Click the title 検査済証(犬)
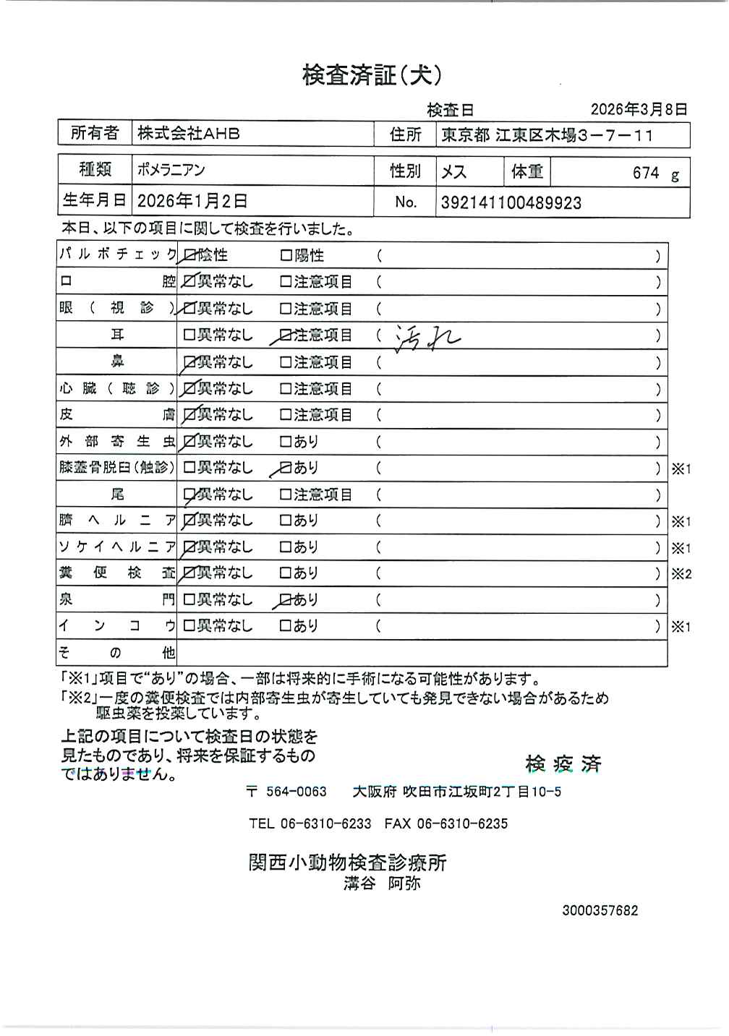(372, 75)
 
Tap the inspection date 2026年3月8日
(638, 109)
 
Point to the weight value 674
(646, 173)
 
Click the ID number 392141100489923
(511, 203)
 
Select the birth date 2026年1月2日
(192, 200)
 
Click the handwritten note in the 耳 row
(427, 336)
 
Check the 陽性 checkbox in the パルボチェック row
(286, 255)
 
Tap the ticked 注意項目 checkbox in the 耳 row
(286, 335)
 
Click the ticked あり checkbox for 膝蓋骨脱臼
(286, 468)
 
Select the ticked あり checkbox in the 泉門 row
(286, 599)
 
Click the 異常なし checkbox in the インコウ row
(189, 626)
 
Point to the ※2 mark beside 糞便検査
(681, 574)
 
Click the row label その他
(116, 653)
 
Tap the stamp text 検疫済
(563, 763)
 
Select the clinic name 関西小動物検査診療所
(347, 862)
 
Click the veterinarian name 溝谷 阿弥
(382, 883)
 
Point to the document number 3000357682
(600, 911)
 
